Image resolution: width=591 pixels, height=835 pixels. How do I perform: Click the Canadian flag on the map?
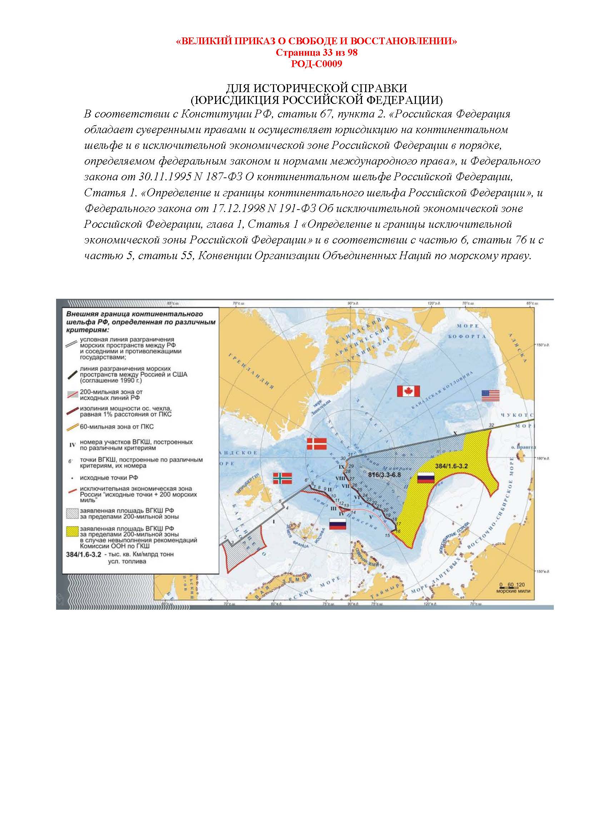(408, 391)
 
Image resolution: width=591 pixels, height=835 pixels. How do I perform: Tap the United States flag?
(490, 395)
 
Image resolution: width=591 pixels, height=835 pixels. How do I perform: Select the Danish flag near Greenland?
(317, 444)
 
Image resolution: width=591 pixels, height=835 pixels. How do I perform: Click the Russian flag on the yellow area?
(426, 478)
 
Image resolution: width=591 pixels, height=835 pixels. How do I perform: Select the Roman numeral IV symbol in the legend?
(72, 444)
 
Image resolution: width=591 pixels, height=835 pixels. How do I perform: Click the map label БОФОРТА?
(467, 336)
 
